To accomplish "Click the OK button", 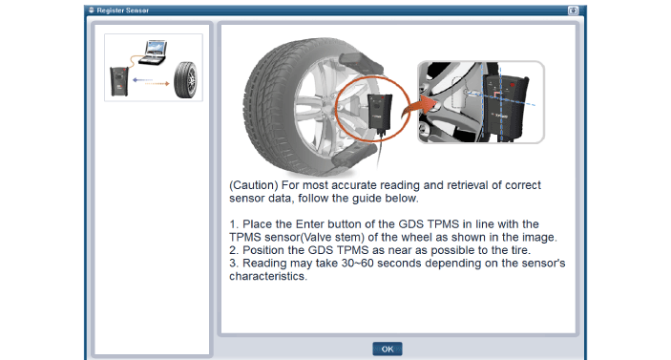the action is point(388,349).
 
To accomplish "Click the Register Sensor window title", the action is point(123,11).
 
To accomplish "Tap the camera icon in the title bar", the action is point(573,11).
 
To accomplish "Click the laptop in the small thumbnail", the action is point(154,53).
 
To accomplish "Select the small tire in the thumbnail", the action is point(186,80).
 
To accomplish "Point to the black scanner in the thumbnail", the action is point(119,81).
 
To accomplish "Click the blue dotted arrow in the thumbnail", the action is point(142,79).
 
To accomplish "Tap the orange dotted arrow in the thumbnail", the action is point(157,84).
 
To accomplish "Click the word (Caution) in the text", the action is point(254,185).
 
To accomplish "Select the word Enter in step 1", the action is point(310,224).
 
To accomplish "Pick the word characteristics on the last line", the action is point(267,276).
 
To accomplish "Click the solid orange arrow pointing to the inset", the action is point(418,108).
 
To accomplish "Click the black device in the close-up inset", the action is point(505,107).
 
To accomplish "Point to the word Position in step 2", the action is point(261,250).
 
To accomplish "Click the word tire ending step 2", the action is point(519,250).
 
